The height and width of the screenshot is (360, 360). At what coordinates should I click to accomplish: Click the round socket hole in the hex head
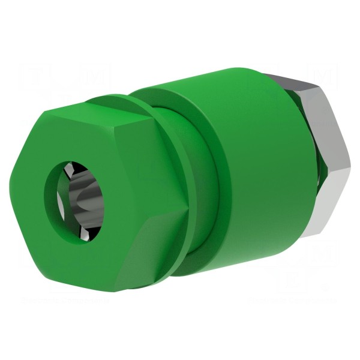[x=72, y=198]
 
